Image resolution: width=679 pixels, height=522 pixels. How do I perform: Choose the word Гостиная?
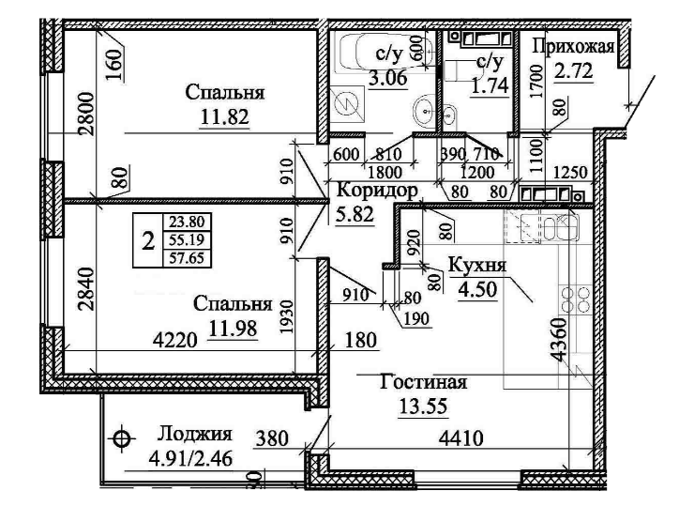pos(423,383)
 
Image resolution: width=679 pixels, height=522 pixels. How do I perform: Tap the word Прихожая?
pos(573,47)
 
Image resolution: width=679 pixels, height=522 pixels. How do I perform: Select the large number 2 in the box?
pos(147,240)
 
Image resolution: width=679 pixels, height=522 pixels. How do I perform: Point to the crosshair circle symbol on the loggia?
pos(120,438)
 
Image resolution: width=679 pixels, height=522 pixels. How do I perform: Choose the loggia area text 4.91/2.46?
pos(192,460)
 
